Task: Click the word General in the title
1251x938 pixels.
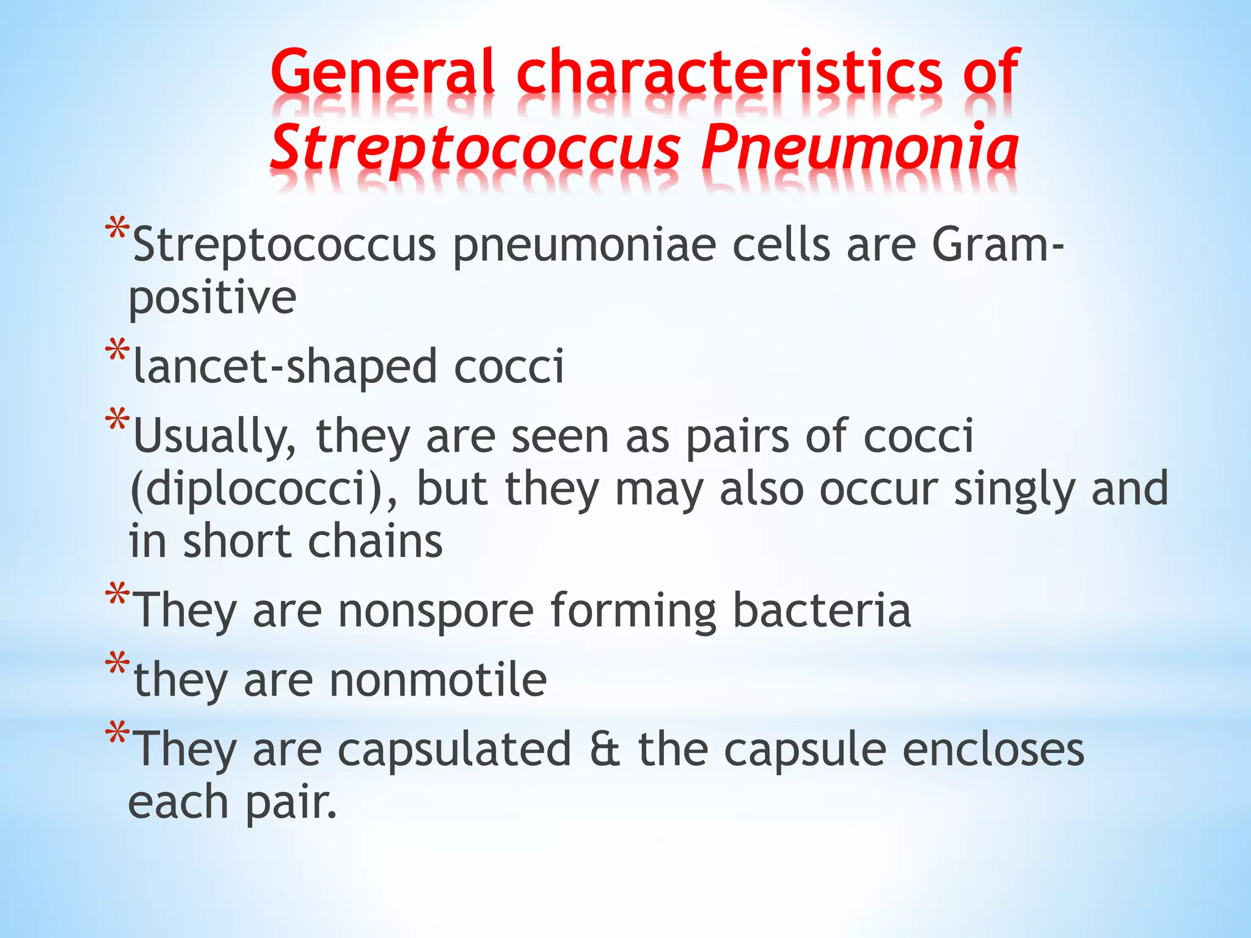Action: point(382,72)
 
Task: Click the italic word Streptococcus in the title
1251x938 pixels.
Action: point(475,147)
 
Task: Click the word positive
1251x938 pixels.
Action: point(213,298)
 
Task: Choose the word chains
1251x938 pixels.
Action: point(375,541)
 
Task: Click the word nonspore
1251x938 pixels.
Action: point(436,610)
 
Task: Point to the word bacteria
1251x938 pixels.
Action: point(822,610)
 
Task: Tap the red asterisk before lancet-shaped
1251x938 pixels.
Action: point(117,351)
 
